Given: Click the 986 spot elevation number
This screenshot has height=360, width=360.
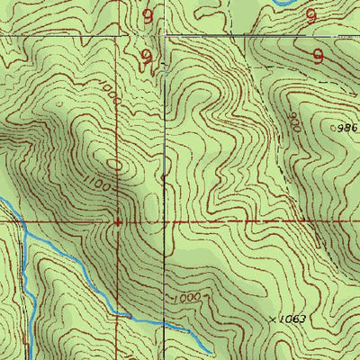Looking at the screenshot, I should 349,128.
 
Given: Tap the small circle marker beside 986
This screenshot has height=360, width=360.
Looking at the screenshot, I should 334,128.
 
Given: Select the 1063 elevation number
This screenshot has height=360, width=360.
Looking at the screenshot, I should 287,319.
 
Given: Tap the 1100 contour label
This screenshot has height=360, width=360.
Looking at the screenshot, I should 101,184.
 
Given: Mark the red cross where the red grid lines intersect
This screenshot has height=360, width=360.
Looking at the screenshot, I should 118,220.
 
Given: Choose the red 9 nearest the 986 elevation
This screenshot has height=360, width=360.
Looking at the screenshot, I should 318,55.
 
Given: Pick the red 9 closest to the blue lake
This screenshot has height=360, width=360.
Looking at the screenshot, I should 310,15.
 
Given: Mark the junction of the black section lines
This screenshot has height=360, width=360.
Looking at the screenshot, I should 166,37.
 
